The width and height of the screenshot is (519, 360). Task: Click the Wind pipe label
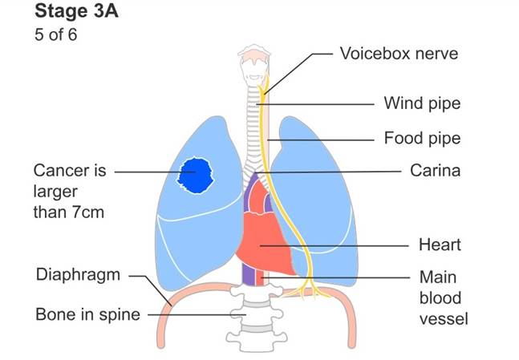coord(422,103)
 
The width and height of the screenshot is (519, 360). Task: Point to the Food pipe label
coord(422,138)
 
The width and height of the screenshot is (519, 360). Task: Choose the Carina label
coord(433,171)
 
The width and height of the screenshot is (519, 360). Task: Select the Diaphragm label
coord(78,275)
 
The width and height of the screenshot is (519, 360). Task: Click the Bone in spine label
coord(87,313)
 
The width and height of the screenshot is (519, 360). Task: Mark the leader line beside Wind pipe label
coord(321,104)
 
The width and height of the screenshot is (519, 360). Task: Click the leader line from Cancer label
coord(144,172)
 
